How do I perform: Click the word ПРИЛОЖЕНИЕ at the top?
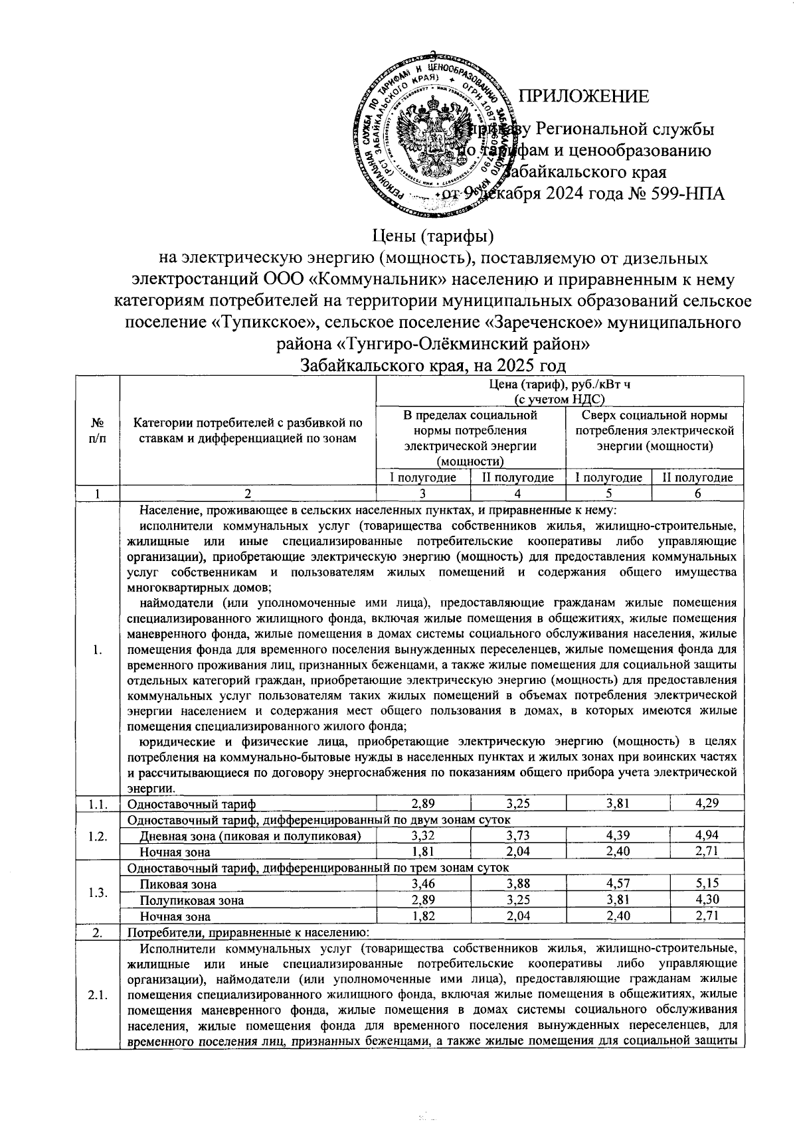click(x=583, y=97)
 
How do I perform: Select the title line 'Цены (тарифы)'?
click(x=433, y=236)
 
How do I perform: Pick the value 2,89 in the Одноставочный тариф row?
click(x=423, y=803)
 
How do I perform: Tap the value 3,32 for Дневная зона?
click(x=423, y=835)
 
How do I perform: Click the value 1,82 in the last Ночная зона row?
click(x=423, y=916)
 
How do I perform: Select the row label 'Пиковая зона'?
click(x=172, y=884)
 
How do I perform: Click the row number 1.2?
click(x=97, y=835)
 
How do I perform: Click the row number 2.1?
click(x=97, y=994)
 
